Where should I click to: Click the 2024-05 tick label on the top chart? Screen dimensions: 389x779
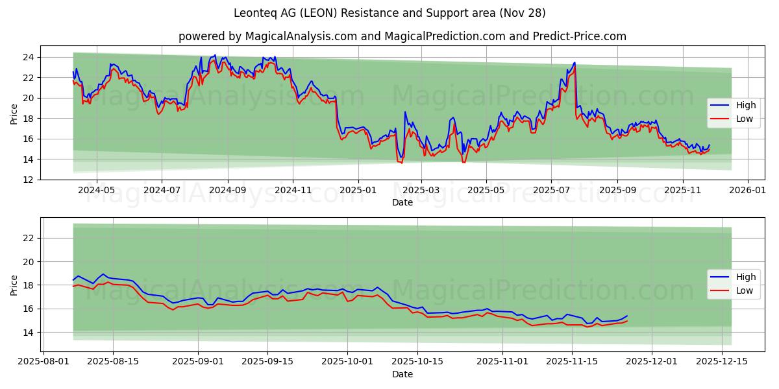[x=96, y=191]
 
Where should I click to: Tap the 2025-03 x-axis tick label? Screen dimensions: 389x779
[x=421, y=191]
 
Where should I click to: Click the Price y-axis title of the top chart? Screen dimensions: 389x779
[x=14, y=114]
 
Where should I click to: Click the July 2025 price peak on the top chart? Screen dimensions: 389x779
[x=574, y=63]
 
